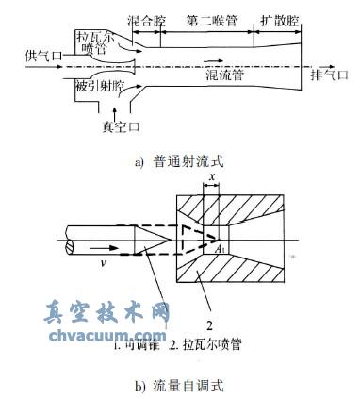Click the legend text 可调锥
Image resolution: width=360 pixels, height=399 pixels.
click(x=137, y=345)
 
